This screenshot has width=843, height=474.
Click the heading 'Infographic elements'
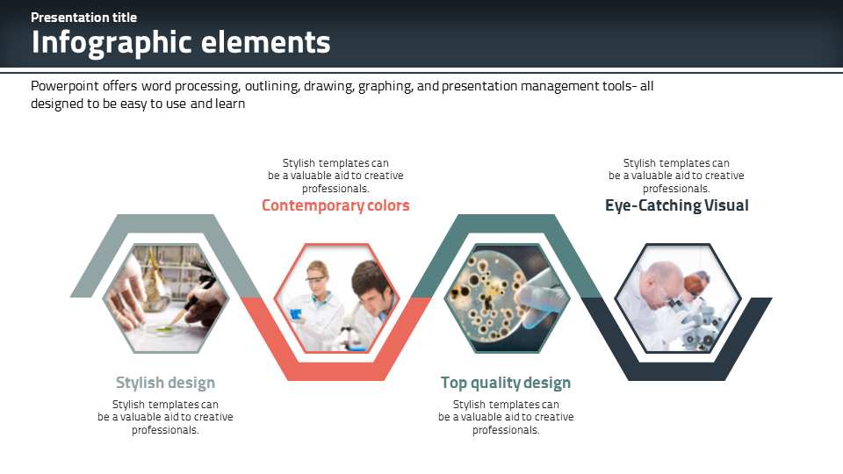[x=181, y=42]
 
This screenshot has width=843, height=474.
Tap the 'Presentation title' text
[x=83, y=18]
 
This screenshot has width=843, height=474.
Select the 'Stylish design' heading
[x=165, y=383]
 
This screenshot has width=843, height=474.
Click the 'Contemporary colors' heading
[x=335, y=205]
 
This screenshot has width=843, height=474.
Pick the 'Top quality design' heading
[x=506, y=383]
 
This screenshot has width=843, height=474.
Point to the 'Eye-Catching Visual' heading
[x=676, y=205]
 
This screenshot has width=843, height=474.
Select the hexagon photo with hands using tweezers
[x=165, y=298]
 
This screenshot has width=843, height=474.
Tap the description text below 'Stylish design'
[x=165, y=417]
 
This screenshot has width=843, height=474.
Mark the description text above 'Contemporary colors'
[x=335, y=176]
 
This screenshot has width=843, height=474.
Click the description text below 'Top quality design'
[x=506, y=417]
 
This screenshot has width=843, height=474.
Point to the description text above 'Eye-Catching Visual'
[x=676, y=176]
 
